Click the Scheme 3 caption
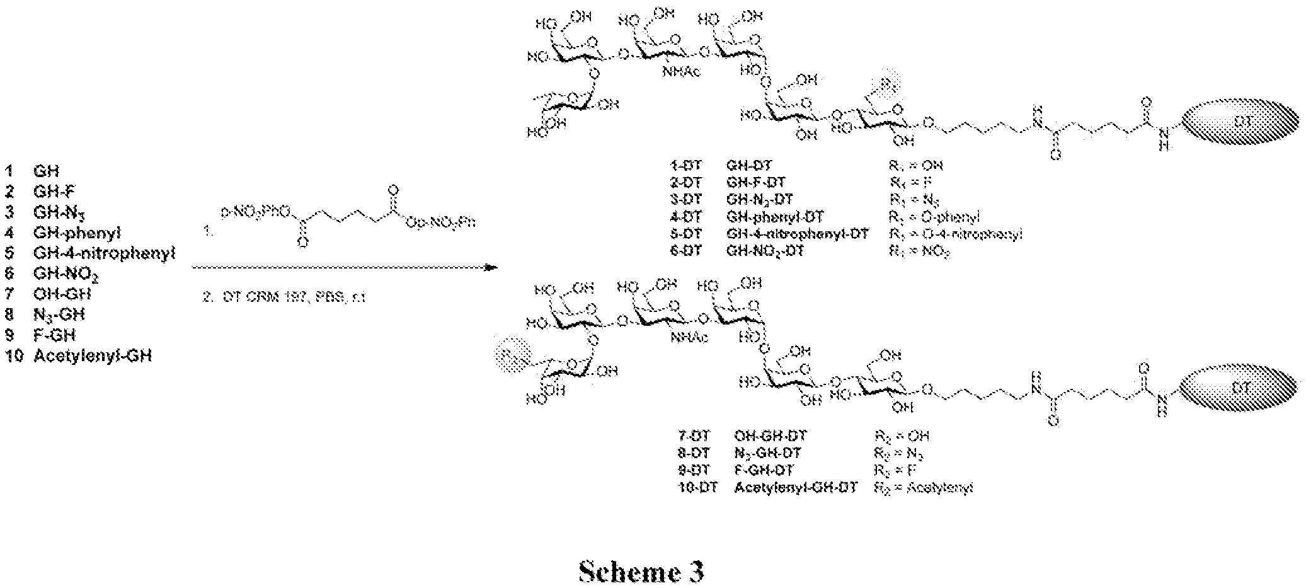[x=641, y=571]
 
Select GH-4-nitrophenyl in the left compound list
[x=104, y=253]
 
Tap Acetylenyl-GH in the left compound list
[x=93, y=356]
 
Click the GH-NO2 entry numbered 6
[x=66, y=274]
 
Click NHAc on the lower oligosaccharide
[x=689, y=338]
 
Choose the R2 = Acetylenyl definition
[x=923, y=488]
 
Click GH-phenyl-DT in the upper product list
[x=774, y=217]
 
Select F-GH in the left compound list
[x=54, y=335]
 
